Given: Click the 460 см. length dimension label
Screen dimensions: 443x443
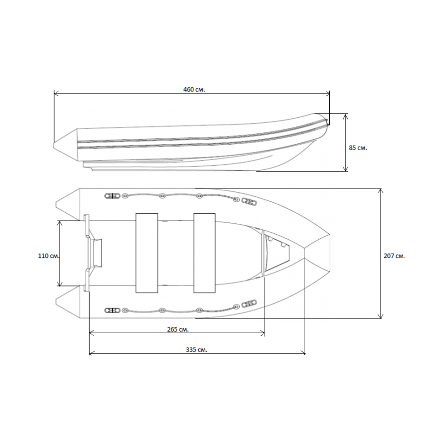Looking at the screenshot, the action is pyautogui.click(x=194, y=90).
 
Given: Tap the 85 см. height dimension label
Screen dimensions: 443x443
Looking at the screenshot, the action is pyautogui.click(x=358, y=148).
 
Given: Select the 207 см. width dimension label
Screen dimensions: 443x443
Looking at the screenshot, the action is pyautogui.click(x=394, y=256).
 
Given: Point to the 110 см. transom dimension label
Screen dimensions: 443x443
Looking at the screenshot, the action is pyautogui.click(x=49, y=256).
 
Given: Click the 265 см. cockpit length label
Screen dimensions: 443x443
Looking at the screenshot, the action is pyautogui.click(x=178, y=329).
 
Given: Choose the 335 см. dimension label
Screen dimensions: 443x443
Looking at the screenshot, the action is pyautogui.click(x=196, y=350).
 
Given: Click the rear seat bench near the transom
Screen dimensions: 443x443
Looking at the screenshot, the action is pyautogui.click(x=147, y=253).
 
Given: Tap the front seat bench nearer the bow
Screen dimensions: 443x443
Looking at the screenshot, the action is pyautogui.click(x=205, y=253).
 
